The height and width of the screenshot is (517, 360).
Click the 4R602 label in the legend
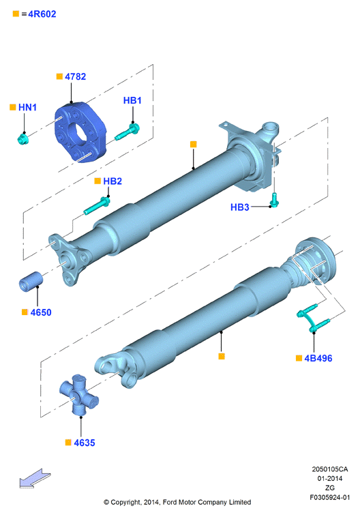[42, 14]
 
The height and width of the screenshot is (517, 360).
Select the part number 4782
[76, 76]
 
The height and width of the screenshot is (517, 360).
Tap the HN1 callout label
[27, 107]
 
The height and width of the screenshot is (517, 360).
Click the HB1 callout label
[132, 100]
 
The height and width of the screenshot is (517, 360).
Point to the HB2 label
[112, 181]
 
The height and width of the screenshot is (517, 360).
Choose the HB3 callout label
[240, 207]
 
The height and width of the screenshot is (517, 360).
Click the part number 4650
[41, 312]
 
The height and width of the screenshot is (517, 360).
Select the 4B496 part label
[318, 358]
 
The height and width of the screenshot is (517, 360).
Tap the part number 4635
[85, 443]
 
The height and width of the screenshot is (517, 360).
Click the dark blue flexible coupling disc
[80, 132]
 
